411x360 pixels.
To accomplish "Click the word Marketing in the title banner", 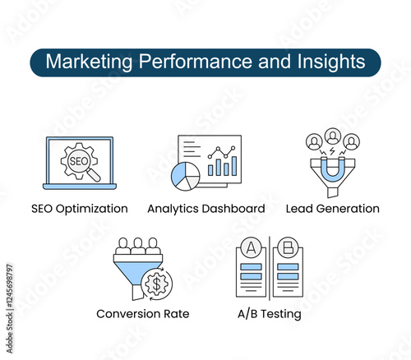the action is point(89,62).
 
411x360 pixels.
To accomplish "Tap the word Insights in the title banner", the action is point(331,62).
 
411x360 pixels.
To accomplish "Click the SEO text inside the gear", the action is point(78,161).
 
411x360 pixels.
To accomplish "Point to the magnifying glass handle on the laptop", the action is point(94,175).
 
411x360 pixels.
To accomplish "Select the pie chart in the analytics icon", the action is point(186,176).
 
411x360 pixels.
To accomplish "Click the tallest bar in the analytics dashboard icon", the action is point(234,166).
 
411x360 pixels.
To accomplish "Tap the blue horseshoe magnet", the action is point(332,171).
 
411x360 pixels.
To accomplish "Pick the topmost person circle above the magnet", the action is point(333,136).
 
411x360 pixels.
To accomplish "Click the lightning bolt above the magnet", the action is point(332,151).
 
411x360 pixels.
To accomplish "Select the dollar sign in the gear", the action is point(156,284).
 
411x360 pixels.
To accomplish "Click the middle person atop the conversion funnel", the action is point(138,246).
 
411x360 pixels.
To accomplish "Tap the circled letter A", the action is point(251,248).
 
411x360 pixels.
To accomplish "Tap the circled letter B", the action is point(288,247).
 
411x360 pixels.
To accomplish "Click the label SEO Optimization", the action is point(80,209).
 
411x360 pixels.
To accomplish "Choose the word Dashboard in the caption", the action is point(237,209).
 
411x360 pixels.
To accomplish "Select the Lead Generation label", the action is point(333,209).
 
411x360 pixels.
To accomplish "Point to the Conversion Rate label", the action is point(143,314).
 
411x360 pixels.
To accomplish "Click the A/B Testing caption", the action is point(270,314).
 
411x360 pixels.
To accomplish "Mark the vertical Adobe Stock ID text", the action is point(9,308).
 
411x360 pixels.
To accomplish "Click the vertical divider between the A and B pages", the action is point(270,269).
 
